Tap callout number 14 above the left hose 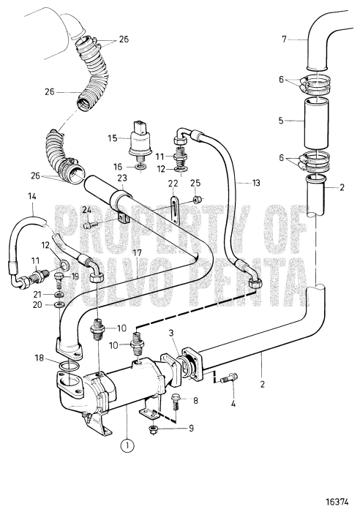pos(32,196)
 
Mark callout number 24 pos(86,211)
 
